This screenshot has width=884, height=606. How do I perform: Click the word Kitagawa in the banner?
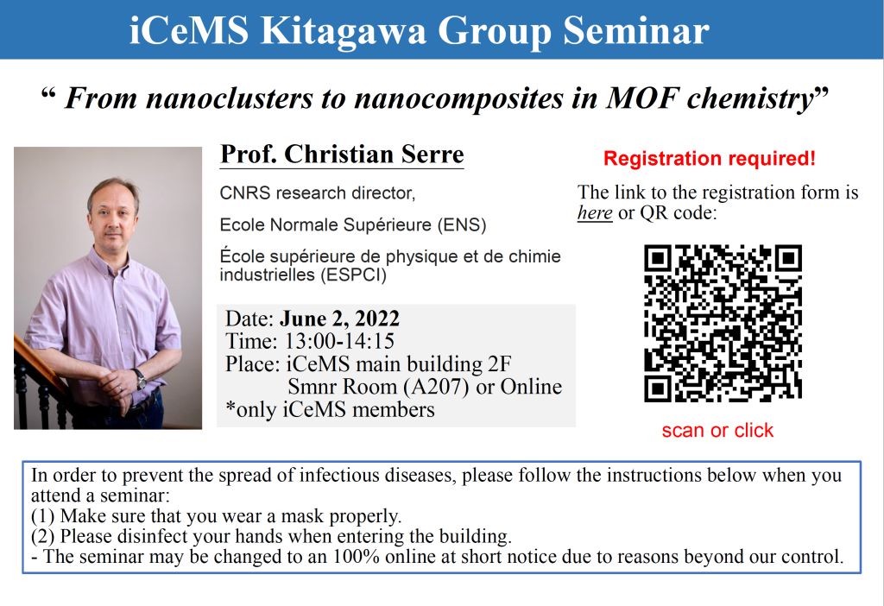click(343, 30)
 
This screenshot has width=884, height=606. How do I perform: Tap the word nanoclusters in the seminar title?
click(229, 98)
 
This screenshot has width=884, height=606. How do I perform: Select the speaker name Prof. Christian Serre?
click(342, 155)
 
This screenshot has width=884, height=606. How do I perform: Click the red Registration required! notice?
click(710, 158)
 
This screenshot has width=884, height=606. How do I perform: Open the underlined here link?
click(595, 213)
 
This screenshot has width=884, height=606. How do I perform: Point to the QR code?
click(723, 323)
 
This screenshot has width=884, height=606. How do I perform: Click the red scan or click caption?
click(717, 430)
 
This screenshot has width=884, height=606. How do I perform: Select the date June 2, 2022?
click(339, 319)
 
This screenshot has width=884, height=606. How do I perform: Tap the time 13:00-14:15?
click(339, 342)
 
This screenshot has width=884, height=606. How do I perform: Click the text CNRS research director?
click(317, 193)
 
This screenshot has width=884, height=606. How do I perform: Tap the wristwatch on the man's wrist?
click(140, 378)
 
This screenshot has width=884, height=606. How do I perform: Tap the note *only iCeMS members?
click(330, 410)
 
